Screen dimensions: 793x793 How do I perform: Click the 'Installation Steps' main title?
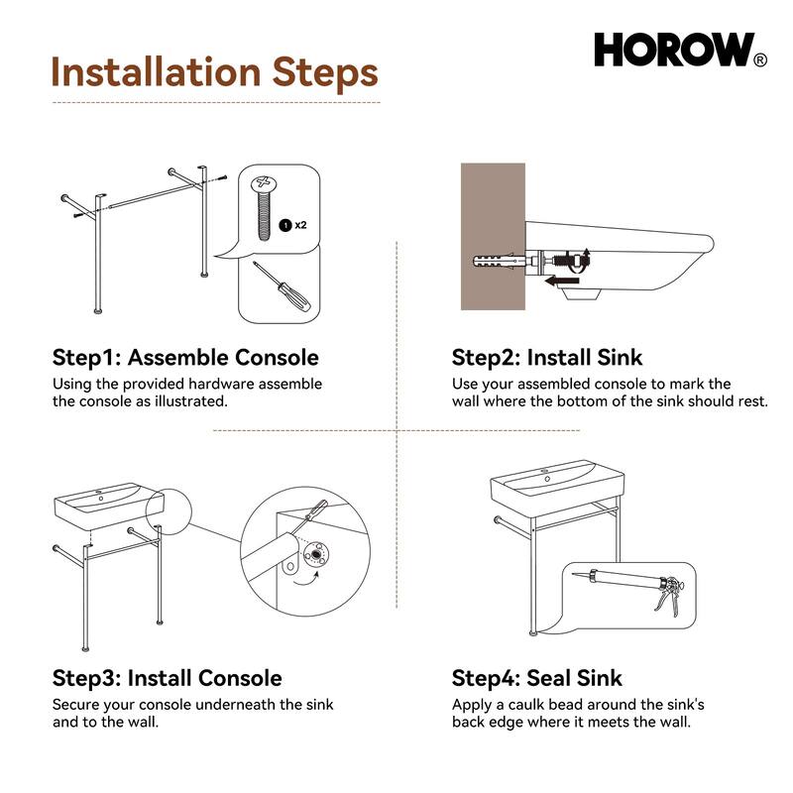point(214,72)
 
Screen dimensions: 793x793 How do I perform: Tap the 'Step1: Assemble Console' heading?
point(185,357)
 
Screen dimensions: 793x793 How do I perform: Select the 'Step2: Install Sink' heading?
point(547,357)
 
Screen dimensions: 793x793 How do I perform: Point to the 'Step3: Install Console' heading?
point(167,678)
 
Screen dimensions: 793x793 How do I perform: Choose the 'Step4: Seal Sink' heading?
point(536,678)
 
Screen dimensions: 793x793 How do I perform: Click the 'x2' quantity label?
point(300,225)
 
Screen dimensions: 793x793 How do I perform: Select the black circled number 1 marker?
point(284,225)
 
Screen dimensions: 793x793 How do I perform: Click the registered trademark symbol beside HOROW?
point(760,60)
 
